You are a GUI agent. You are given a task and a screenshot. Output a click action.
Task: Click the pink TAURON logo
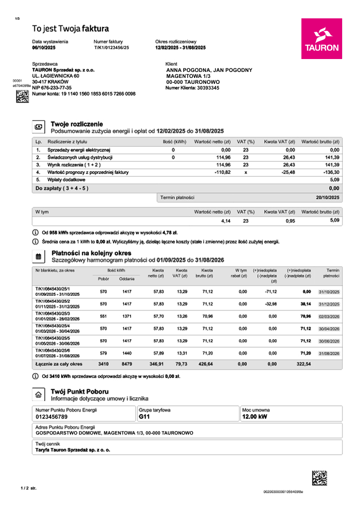tap(321, 39)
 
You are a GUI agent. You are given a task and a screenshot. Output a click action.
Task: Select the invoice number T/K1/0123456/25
tap(111, 48)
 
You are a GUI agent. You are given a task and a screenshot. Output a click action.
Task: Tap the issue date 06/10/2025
tap(44, 48)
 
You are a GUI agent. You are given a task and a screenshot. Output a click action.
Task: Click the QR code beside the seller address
tap(22, 96)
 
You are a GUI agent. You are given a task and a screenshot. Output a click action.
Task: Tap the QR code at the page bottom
tap(319, 477)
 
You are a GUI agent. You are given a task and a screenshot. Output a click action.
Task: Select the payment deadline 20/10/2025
tap(328, 197)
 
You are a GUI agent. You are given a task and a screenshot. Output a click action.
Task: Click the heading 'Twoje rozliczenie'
tap(77, 124)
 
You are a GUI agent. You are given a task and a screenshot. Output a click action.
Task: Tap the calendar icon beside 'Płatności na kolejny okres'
tap(38, 256)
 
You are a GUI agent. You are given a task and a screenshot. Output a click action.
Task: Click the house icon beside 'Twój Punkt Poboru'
tap(38, 394)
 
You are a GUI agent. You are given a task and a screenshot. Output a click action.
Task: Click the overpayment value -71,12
tap(269, 292)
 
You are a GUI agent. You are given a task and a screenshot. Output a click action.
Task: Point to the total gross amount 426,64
tap(204, 364)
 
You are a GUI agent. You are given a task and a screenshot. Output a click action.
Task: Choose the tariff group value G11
tap(144, 417)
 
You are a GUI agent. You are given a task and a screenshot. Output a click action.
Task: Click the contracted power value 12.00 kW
tap(254, 417)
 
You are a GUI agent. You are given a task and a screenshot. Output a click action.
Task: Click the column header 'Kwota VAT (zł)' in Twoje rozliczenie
tap(280, 141)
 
